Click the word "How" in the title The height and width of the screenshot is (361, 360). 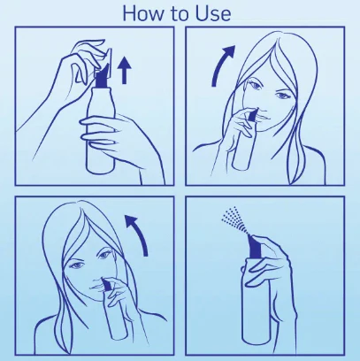tap(142, 13)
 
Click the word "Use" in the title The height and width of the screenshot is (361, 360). tap(213, 13)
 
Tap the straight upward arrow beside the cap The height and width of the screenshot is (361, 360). tap(125, 71)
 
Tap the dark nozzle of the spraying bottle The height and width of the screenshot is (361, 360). tap(254, 246)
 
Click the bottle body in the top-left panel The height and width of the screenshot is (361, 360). tap(100, 130)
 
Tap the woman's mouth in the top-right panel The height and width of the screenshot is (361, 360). tap(264, 118)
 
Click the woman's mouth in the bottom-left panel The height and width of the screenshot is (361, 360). tap(96, 287)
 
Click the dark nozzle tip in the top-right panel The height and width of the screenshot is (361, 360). tap(252, 115)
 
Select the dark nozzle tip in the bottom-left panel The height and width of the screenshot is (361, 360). tap(105, 284)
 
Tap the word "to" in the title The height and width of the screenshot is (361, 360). tap(178, 14)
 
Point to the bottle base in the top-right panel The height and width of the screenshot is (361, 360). tap(241, 165)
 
